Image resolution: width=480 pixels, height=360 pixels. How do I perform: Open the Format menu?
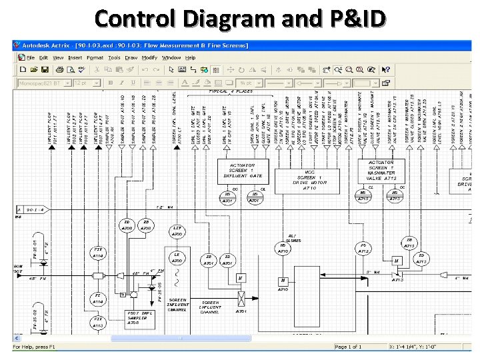click(95, 57)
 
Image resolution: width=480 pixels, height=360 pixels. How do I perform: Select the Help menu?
click(191, 57)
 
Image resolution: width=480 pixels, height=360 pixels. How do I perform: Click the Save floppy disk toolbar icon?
click(45, 69)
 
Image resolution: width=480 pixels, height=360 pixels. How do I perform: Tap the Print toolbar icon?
click(59, 69)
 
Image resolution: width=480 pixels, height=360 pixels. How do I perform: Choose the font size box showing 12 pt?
click(86, 83)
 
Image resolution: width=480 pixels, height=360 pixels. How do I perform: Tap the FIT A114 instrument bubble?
click(98, 253)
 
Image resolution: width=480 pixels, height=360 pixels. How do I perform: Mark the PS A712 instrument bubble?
click(363, 248)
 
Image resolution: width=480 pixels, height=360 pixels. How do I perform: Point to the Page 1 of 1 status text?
click(349, 347)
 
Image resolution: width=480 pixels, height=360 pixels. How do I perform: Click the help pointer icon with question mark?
click(385, 69)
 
